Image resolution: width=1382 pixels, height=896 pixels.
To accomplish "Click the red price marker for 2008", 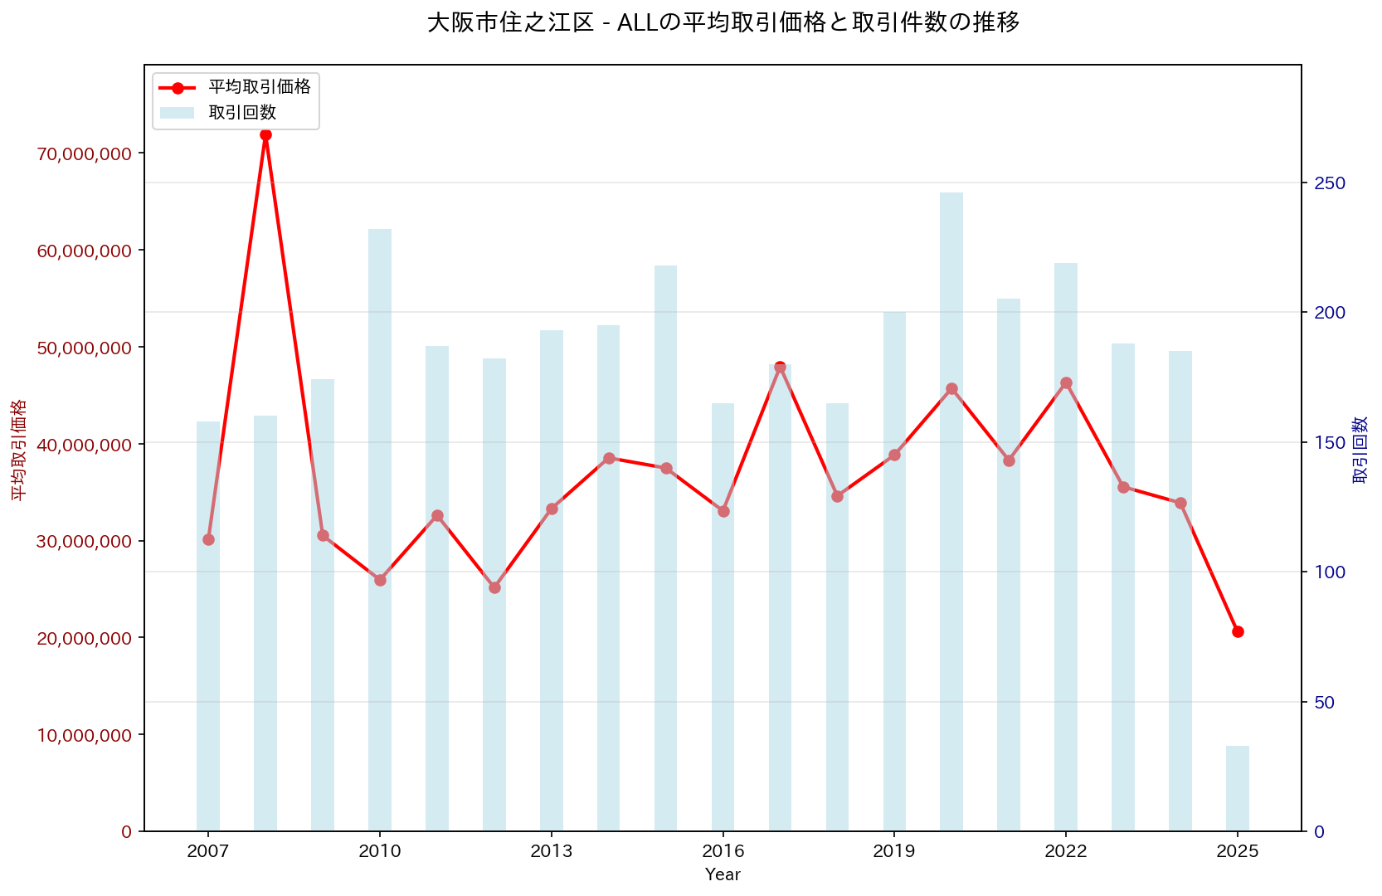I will click(x=265, y=134).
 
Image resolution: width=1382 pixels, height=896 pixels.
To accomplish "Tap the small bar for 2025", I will click(x=1237, y=788).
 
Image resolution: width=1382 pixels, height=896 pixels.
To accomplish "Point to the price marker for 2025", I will click(x=1238, y=631).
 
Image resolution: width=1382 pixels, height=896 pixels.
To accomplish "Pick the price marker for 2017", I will click(x=780, y=367).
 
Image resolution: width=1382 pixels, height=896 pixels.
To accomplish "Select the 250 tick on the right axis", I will click(x=1329, y=183).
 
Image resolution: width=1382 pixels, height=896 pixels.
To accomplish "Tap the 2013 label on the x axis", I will click(x=552, y=852).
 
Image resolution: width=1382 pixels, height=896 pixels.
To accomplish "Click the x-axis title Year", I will click(x=723, y=874).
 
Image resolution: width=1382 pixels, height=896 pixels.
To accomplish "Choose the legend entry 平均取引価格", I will click(x=259, y=87).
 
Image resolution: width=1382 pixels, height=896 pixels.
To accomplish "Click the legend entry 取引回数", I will click(x=242, y=112).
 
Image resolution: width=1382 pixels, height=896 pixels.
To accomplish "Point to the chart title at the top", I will click(x=723, y=22).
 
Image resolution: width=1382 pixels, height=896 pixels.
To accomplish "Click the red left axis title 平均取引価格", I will click(x=18, y=450).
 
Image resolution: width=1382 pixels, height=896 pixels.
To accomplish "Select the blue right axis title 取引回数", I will click(x=1360, y=450).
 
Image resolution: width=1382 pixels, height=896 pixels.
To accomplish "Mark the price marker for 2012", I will click(x=494, y=587).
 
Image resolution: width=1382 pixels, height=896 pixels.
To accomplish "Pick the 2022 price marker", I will click(x=1066, y=383).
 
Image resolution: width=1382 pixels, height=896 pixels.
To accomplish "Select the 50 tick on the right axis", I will click(x=1325, y=702).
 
